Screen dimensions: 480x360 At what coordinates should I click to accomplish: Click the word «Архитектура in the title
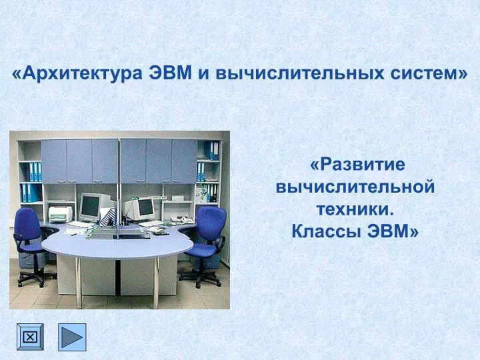[77, 73]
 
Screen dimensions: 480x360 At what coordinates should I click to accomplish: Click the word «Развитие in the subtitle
[357, 165]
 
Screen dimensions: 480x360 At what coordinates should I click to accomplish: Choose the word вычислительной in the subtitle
[355, 187]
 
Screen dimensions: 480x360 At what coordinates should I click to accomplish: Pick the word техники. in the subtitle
[355, 209]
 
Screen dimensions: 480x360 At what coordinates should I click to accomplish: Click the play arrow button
[72, 337]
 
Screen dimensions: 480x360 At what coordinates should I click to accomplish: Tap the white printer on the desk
[61, 214]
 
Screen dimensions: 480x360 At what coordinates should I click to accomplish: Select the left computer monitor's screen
[90, 206]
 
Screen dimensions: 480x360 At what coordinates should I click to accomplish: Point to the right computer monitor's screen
[146, 207]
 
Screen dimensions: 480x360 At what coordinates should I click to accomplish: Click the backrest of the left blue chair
[27, 223]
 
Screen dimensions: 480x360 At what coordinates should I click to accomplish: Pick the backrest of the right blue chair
[211, 223]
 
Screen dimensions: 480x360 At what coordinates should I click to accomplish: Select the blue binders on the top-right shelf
[212, 151]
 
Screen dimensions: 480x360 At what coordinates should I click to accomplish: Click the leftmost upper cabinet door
[53, 161]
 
